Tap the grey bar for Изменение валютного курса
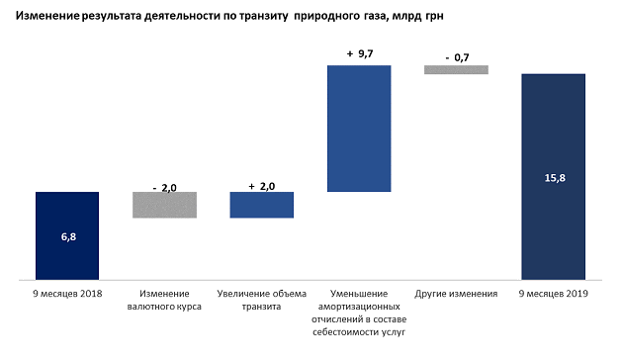click(164, 206)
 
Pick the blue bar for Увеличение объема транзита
click(262, 206)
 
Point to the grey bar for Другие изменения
click(456, 69)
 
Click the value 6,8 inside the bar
click(67, 237)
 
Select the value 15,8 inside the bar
click(554, 178)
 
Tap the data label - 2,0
click(165, 186)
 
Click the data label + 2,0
click(262, 186)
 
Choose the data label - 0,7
click(457, 58)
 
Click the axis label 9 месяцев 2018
click(68, 295)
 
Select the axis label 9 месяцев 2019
click(553, 295)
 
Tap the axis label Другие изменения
click(456, 295)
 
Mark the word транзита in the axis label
click(262, 308)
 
